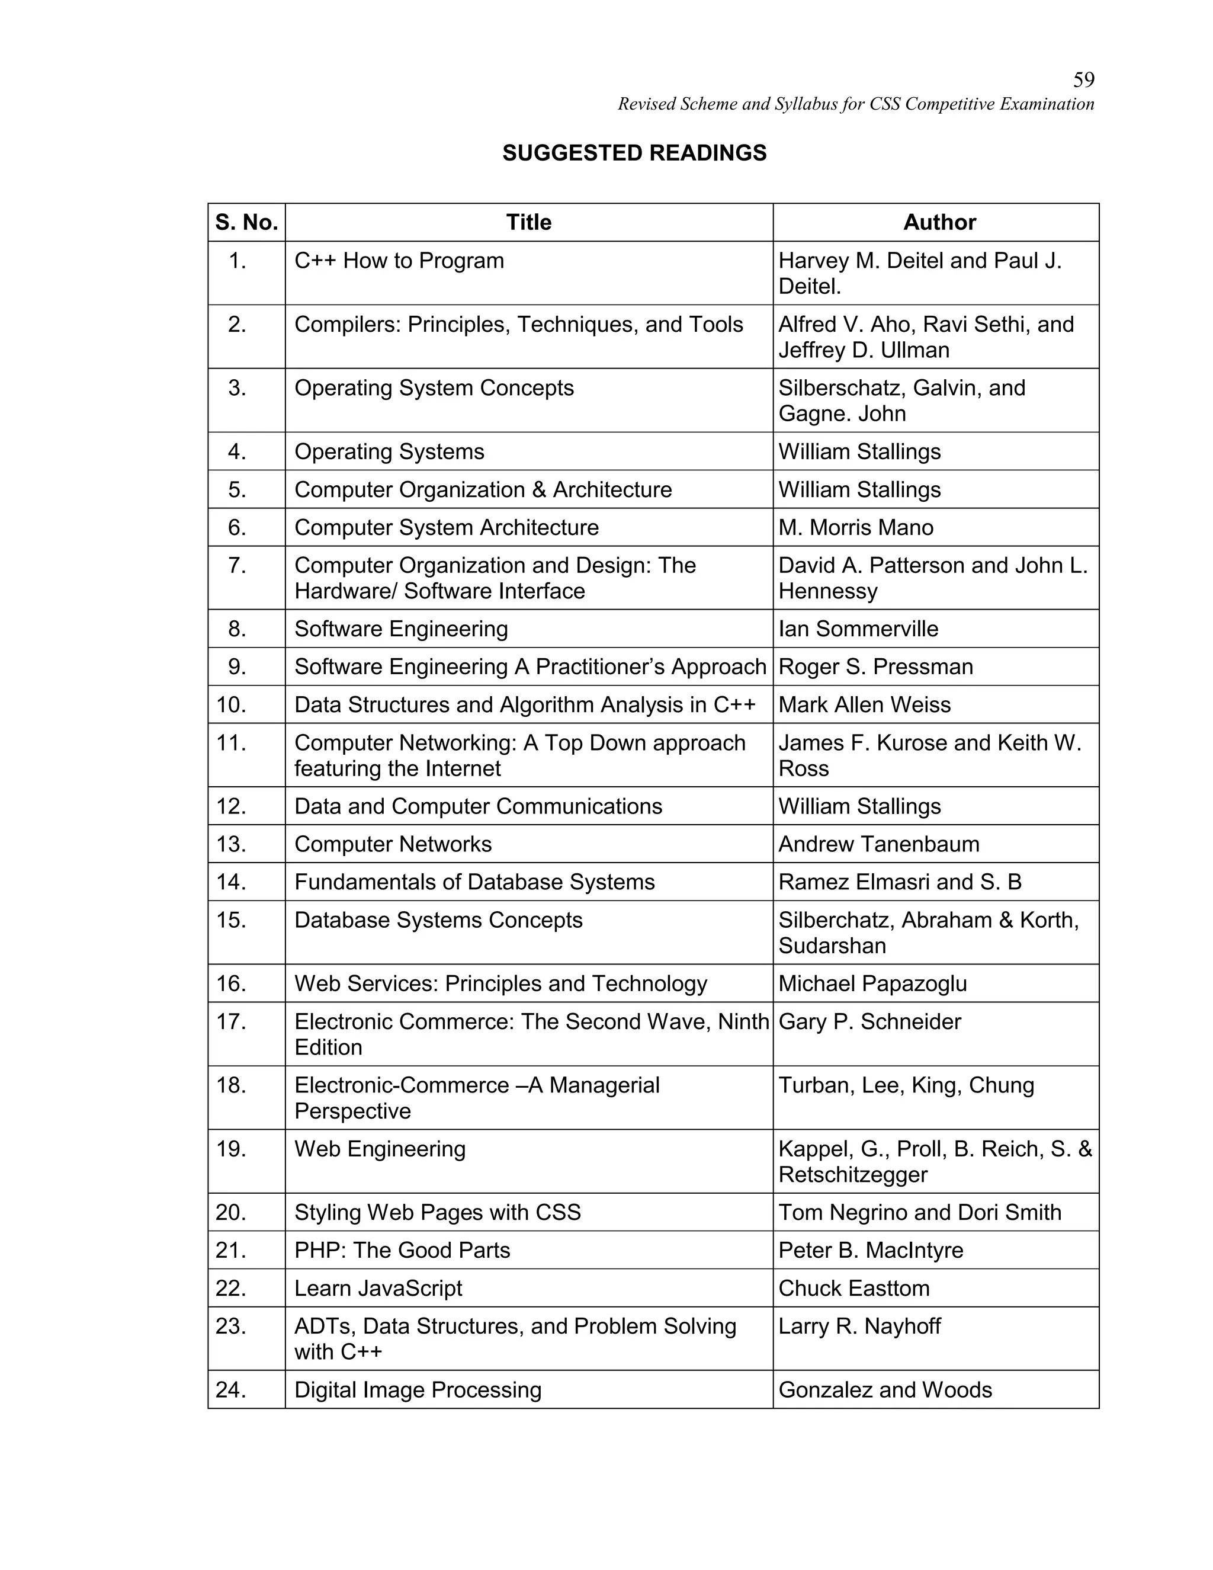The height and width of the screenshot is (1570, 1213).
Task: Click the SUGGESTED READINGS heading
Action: click(x=634, y=153)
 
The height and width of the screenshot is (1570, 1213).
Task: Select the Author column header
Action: click(x=939, y=222)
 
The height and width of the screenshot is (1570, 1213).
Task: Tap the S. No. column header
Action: click(x=246, y=222)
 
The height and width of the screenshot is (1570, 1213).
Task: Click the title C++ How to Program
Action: click(x=399, y=260)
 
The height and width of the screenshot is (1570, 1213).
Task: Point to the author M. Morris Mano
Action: click(x=855, y=528)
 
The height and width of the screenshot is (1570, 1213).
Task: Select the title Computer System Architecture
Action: click(x=446, y=528)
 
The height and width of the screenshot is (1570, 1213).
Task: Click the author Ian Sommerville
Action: click(x=858, y=629)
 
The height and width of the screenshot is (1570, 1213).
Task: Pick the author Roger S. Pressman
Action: click(x=875, y=667)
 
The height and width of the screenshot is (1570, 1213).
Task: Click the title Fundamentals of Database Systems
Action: click(x=474, y=883)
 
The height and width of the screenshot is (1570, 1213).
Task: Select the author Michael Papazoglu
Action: click(x=872, y=984)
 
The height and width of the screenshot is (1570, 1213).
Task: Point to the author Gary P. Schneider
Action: click(x=869, y=1022)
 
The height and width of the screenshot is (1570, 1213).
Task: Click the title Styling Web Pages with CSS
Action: click(x=437, y=1213)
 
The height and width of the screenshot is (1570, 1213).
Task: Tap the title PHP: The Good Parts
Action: click(x=402, y=1251)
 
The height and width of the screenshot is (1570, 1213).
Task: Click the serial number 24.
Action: click(x=232, y=1390)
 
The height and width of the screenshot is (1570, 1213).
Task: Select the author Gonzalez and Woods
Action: click(x=885, y=1390)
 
